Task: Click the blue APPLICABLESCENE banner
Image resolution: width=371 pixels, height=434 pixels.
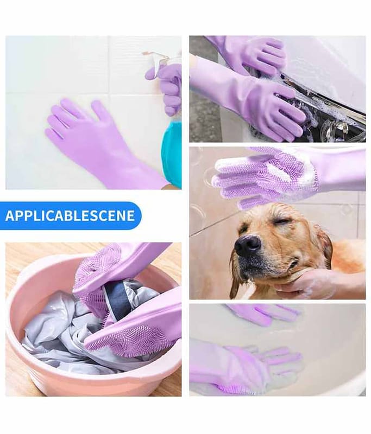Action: (71, 215)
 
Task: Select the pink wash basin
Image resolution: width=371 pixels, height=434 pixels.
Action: (91, 332)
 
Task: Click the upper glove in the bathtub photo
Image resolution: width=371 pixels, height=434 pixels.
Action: (263, 314)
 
